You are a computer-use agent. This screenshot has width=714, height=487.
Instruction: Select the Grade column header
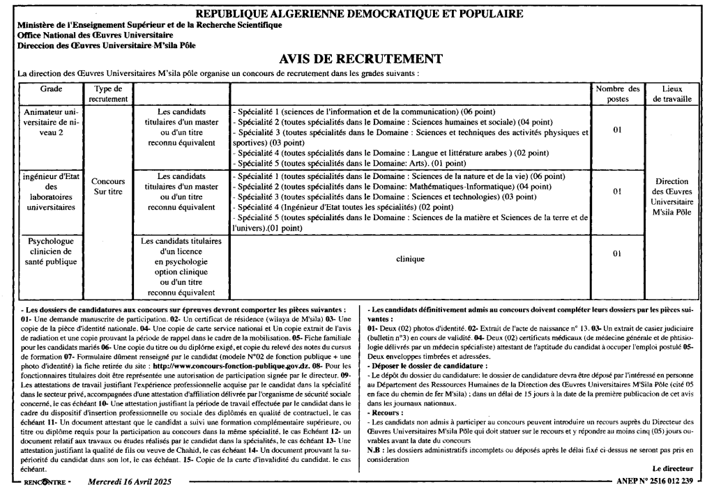pos(50,89)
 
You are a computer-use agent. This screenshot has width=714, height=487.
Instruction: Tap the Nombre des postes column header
pos(617,93)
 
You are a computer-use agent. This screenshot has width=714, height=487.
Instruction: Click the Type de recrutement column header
pos(108,93)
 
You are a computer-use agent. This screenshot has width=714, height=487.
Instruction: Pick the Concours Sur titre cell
pos(108,186)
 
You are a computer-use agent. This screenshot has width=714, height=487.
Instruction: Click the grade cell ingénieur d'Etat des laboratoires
pos(50,192)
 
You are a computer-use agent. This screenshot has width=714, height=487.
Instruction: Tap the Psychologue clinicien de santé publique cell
pos(50,252)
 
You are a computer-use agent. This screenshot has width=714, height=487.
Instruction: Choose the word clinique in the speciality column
pos(410,258)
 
